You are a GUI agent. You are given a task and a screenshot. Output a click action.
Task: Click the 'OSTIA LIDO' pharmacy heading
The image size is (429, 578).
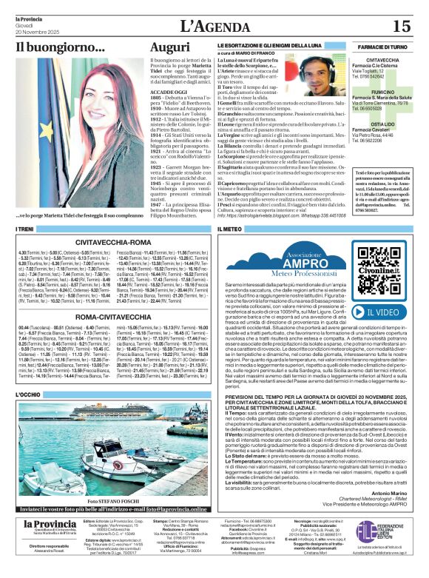click(383, 124)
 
